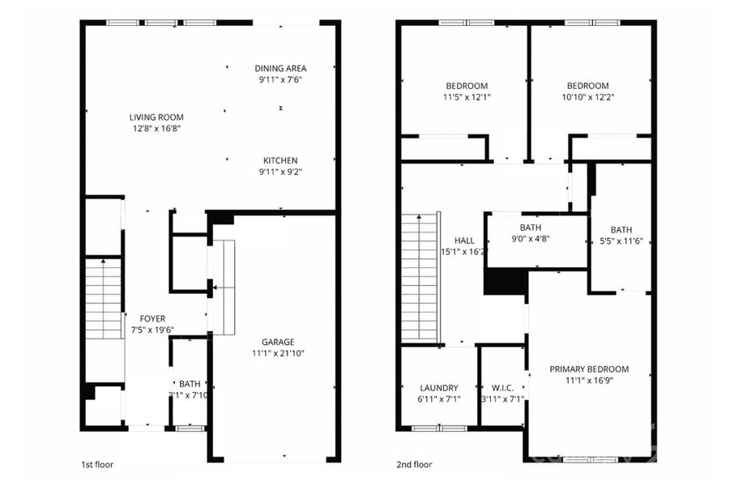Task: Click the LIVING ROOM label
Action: point(156,117)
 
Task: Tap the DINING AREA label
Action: point(280,68)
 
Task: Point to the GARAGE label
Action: point(277,342)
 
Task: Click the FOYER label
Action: point(152,318)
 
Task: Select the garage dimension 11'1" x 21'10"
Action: point(277,353)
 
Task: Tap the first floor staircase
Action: point(104,299)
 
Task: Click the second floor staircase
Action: point(420,278)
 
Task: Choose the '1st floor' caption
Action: point(97,465)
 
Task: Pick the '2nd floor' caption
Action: point(415,465)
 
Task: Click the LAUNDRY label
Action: point(440,388)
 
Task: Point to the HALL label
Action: point(464,241)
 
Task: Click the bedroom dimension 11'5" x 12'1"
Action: point(467,96)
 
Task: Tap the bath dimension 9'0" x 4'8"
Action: point(531,239)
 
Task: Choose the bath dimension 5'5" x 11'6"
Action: point(621,241)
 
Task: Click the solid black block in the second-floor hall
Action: point(505,282)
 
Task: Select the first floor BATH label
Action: point(190,384)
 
